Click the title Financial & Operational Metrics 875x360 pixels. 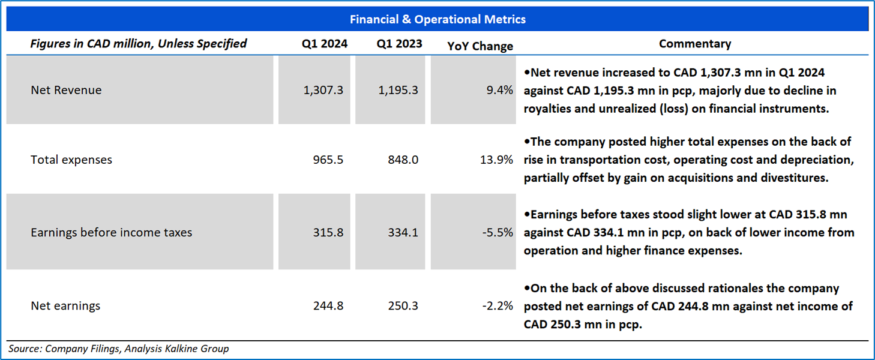click(437, 20)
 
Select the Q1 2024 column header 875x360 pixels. click(325, 44)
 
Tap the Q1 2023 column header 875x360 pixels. click(399, 44)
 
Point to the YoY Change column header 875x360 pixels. click(480, 46)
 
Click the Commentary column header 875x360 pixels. click(695, 44)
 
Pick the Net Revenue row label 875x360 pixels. click(66, 90)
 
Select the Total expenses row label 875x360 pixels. click(71, 160)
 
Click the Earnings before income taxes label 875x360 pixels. click(112, 232)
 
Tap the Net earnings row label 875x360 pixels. click(65, 305)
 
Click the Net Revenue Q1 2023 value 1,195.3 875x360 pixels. click(398, 90)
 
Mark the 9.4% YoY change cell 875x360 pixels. click(501, 90)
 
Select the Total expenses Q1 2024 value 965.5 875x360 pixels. click(328, 160)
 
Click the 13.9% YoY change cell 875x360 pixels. click(498, 160)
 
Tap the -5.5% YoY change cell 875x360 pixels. click(498, 232)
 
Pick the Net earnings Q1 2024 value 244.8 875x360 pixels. click(328, 305)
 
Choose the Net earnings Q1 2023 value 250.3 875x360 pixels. click(403, 305)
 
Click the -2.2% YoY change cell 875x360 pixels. click(498, 305)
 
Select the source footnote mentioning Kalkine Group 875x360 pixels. click(118, 348)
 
